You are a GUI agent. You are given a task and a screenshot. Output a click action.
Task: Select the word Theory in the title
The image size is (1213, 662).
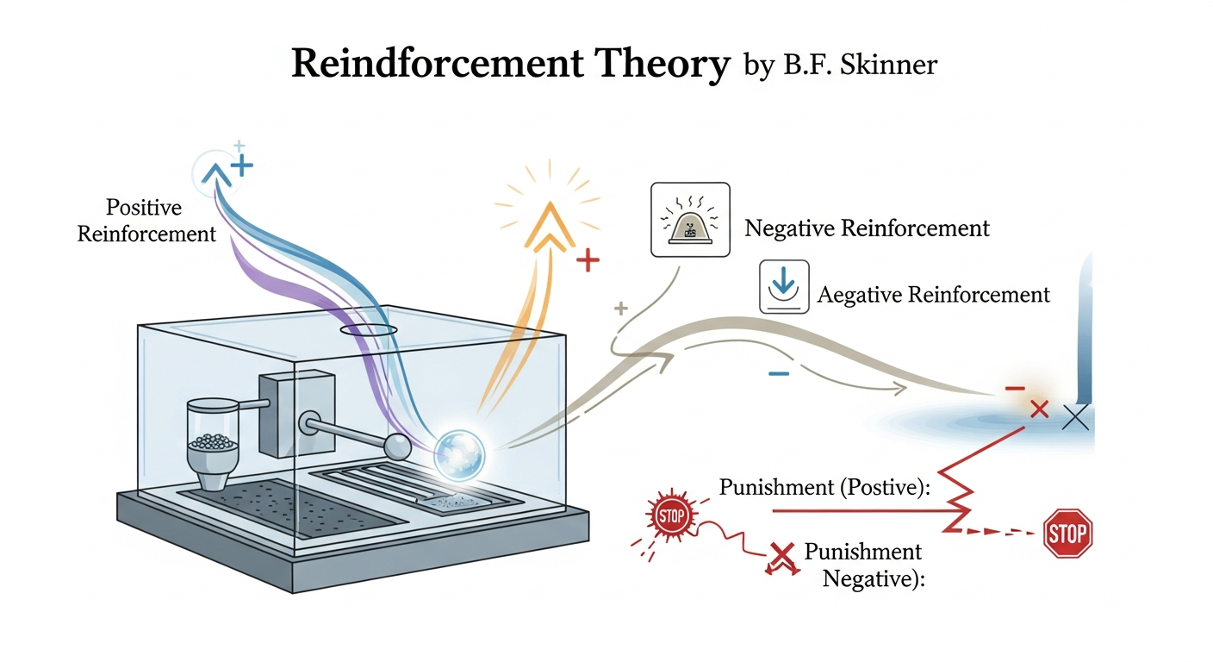click(x=671, y=65)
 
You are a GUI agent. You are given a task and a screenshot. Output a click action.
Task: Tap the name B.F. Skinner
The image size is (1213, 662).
click(x=859, y=66)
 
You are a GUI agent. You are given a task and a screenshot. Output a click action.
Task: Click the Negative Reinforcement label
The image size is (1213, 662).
click(x=867, y=228)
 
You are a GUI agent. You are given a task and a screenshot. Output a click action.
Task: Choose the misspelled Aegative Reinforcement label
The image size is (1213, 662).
click(x=933, y=295)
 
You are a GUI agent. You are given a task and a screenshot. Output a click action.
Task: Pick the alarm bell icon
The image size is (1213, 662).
click(x=690, y=220)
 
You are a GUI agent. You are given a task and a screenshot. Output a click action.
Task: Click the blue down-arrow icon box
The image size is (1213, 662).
click(x=783, y=286)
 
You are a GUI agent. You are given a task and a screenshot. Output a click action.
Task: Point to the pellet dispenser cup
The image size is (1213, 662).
click(x=209, y=435)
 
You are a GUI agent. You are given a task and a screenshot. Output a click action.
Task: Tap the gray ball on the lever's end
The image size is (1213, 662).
click(x=396, y=446)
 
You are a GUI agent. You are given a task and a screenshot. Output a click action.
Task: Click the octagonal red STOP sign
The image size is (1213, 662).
click(x=1067, y=534)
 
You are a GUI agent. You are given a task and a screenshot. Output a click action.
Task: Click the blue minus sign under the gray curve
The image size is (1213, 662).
click(x=779, y=373)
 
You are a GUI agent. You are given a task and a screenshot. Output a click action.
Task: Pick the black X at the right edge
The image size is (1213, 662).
click(x=1076, y=418)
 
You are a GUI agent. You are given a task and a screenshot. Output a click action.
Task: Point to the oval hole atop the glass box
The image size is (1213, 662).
click(x=369, y=330)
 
